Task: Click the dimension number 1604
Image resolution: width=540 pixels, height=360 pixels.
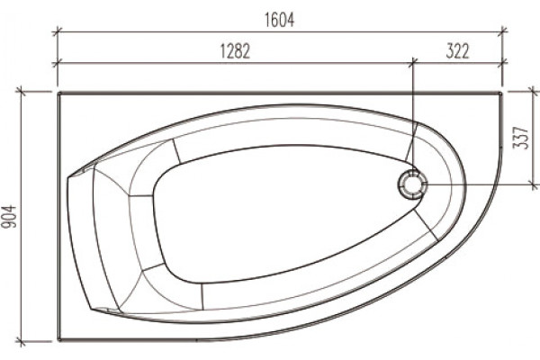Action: click(x=279, y=20)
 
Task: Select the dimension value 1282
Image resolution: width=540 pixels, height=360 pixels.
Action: click(x=235, y=51)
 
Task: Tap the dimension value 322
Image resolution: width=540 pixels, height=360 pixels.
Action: click(x=457, y=51)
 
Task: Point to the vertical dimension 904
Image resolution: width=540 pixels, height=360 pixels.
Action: click(x=9, y=217)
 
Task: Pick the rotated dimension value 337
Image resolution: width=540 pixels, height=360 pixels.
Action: click(x=520, y=138)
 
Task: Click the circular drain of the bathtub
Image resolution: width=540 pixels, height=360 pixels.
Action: click(x=412, y=184)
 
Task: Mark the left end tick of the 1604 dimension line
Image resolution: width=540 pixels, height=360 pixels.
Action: click(x=58, y=32)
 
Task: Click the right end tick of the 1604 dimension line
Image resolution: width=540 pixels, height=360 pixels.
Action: click(x=503, y=32)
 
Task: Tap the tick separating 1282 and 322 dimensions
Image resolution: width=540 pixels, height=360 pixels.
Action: click(x=413, y=63)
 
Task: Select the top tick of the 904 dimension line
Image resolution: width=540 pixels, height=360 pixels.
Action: click(x=22, y=92)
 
